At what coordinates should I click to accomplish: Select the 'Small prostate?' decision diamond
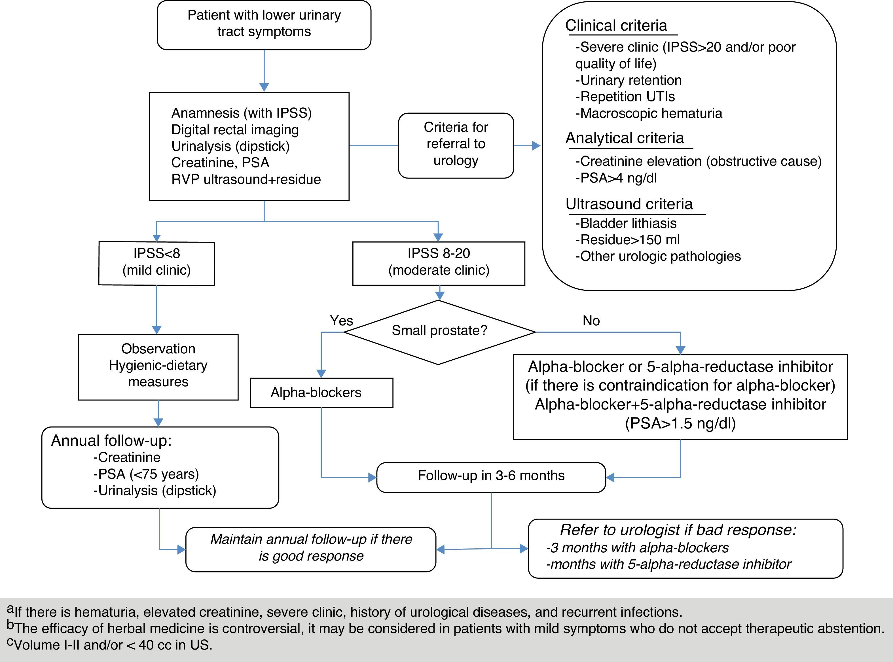[439, 331]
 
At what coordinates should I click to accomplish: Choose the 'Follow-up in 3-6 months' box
[491, 476]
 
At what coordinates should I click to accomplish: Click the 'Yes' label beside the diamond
[341, 321]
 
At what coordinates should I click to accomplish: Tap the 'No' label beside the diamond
[591, 321]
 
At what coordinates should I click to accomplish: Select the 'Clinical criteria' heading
[616, 26]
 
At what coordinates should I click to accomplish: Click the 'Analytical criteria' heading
[625, 138]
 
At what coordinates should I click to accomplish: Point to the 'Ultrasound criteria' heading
[629, 204]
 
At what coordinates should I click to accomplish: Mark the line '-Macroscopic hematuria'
[649, 113]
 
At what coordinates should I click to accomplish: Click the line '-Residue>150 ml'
[627, 240]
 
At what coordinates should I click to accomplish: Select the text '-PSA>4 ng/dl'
[616, 178]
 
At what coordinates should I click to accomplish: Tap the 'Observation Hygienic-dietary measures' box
[158, 366]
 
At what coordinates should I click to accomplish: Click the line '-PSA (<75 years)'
[146, 474]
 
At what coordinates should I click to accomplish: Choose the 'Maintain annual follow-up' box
[311, 548]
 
